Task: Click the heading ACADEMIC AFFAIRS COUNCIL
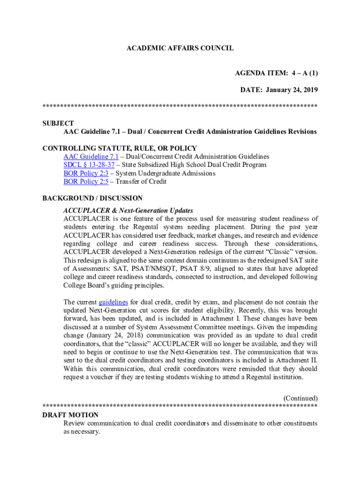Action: pos(180,48)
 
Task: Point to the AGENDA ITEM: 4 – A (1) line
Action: pos(276,73)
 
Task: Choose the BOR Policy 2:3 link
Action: pos(86,173)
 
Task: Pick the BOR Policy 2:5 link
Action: pos(86,181)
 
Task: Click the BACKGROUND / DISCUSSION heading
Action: pos(92,198)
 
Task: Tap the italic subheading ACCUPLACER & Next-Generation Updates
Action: pos(128,210)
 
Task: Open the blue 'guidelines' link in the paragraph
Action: pos(114,302)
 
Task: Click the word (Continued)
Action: pos(301,398)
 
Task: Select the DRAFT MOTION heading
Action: pos(70,415)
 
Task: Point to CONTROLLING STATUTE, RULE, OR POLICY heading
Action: pos(119,148)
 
